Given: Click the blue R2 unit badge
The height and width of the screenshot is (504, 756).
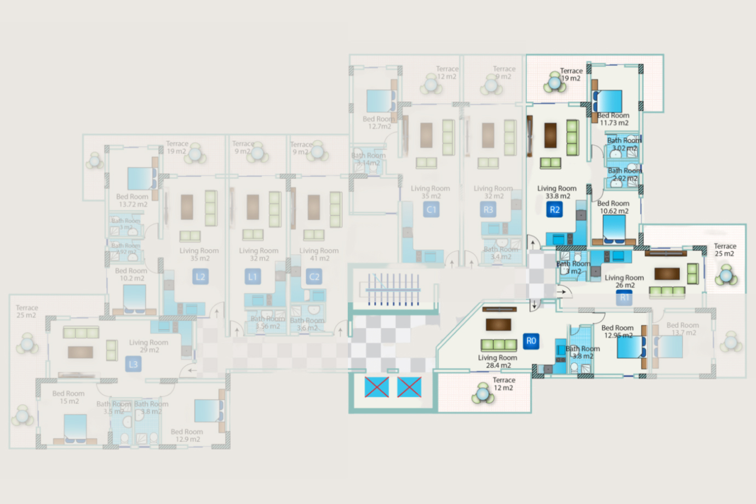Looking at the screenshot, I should click(x=554, y=209).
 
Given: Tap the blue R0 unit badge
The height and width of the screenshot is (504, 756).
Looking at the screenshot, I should click(x=531, y=341).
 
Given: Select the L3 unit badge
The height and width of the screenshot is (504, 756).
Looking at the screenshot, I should click(x=133, y=364).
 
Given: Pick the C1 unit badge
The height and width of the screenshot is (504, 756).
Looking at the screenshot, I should click(x=431, y=209).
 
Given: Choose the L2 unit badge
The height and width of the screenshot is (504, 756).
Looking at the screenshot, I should click(x=201, y=277).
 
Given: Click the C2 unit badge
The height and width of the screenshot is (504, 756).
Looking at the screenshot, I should click(x=314, y=277).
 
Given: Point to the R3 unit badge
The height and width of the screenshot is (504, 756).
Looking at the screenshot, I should click(x=488, y=209).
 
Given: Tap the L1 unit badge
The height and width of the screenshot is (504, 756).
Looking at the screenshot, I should click(x=253, y=277).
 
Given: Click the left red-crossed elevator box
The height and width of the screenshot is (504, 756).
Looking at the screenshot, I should click(x=376, y=387).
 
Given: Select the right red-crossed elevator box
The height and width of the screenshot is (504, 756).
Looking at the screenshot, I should click(x=409, y=387).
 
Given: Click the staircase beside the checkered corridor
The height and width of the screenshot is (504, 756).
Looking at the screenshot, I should click(x=393, y=289).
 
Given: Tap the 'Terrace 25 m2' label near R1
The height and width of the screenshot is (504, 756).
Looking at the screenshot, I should click(x=725, y=250).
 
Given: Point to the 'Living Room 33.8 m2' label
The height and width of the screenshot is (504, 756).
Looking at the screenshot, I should click(x=557, y=192).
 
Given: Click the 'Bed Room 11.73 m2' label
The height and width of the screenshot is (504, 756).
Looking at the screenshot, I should click(x=614, y=119).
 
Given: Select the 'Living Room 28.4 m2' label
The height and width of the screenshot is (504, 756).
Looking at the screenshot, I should click(x=497, y=361).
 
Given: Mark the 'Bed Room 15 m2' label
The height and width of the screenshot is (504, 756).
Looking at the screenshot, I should click(x=68, y=397).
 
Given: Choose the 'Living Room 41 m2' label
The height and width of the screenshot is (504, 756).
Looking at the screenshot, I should click(x=319, y=254).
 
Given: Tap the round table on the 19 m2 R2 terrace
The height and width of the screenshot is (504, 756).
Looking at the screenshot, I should click(x=554, y=84).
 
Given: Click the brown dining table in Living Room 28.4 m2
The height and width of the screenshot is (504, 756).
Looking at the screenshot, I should click(x=498, y=324).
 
